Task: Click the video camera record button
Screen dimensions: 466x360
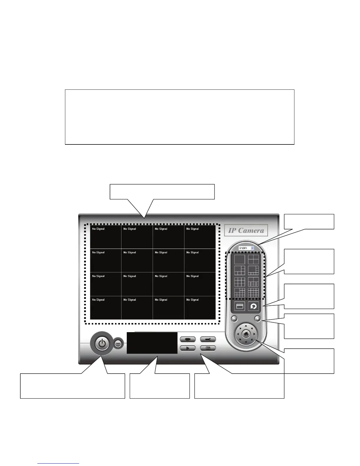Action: tap(187, 339)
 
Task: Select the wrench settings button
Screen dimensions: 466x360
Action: tap(208, 339)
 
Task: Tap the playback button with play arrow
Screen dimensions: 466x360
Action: tap(187, 348)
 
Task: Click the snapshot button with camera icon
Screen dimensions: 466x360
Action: tap(208, 348)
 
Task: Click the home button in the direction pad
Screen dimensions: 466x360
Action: tap(246, 334)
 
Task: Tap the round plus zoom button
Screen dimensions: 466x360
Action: tap(257, 318)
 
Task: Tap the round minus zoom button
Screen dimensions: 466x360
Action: tap(234, 318)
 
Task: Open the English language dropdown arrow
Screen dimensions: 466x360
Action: tap(252, 248)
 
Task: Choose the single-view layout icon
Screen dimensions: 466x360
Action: tap(239, 259)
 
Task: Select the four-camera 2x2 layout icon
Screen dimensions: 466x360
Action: tap(253, 259)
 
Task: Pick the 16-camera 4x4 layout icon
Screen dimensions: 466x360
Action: tap(253, 293)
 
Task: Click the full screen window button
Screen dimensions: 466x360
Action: tap(239, 306)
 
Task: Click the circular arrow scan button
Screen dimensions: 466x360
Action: tap(253, 306)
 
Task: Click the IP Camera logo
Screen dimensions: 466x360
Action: tap(246, 230)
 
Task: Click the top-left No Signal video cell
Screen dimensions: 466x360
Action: tap(106, 237)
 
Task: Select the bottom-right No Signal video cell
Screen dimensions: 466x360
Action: tap(200, 308)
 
